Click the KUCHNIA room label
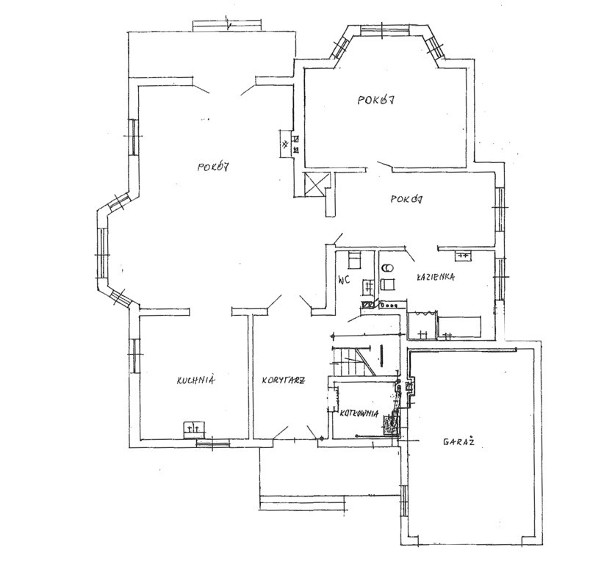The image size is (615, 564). click(195, 380)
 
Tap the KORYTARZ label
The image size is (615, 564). click(283, 380)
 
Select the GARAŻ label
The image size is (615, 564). click(458, 441)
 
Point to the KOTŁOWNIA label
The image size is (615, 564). click(359, 413)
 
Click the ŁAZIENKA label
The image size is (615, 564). click(436, 277)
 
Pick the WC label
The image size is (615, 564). click(344, 280)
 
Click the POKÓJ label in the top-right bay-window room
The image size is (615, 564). click(375, 100)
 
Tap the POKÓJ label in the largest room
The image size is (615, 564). click(213, 167)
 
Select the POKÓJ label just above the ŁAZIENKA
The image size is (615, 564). click(406, 199)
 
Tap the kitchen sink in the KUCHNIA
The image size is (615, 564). click(194, 430)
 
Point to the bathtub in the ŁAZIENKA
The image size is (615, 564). click(459, 327)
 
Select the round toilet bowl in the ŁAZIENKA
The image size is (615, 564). click(387, 268)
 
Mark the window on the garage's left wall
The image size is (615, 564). click(403, 503)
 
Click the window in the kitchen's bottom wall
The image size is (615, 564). click(212, 444)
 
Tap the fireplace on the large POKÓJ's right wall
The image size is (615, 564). click(289, 144)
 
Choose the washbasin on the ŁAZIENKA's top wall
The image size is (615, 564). click(464, 256)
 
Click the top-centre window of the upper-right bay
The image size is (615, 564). click(385, 31)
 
